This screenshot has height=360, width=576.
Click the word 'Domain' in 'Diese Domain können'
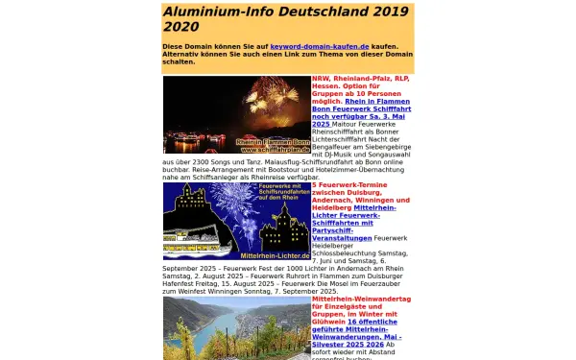(201, 45)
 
